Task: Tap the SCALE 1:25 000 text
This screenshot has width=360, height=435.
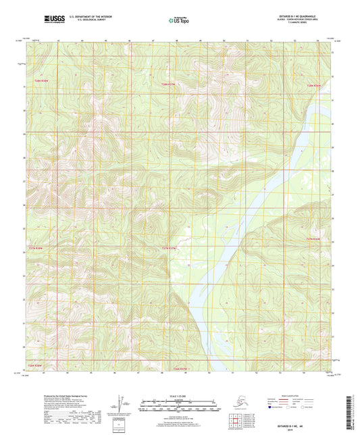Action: point(180,396)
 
